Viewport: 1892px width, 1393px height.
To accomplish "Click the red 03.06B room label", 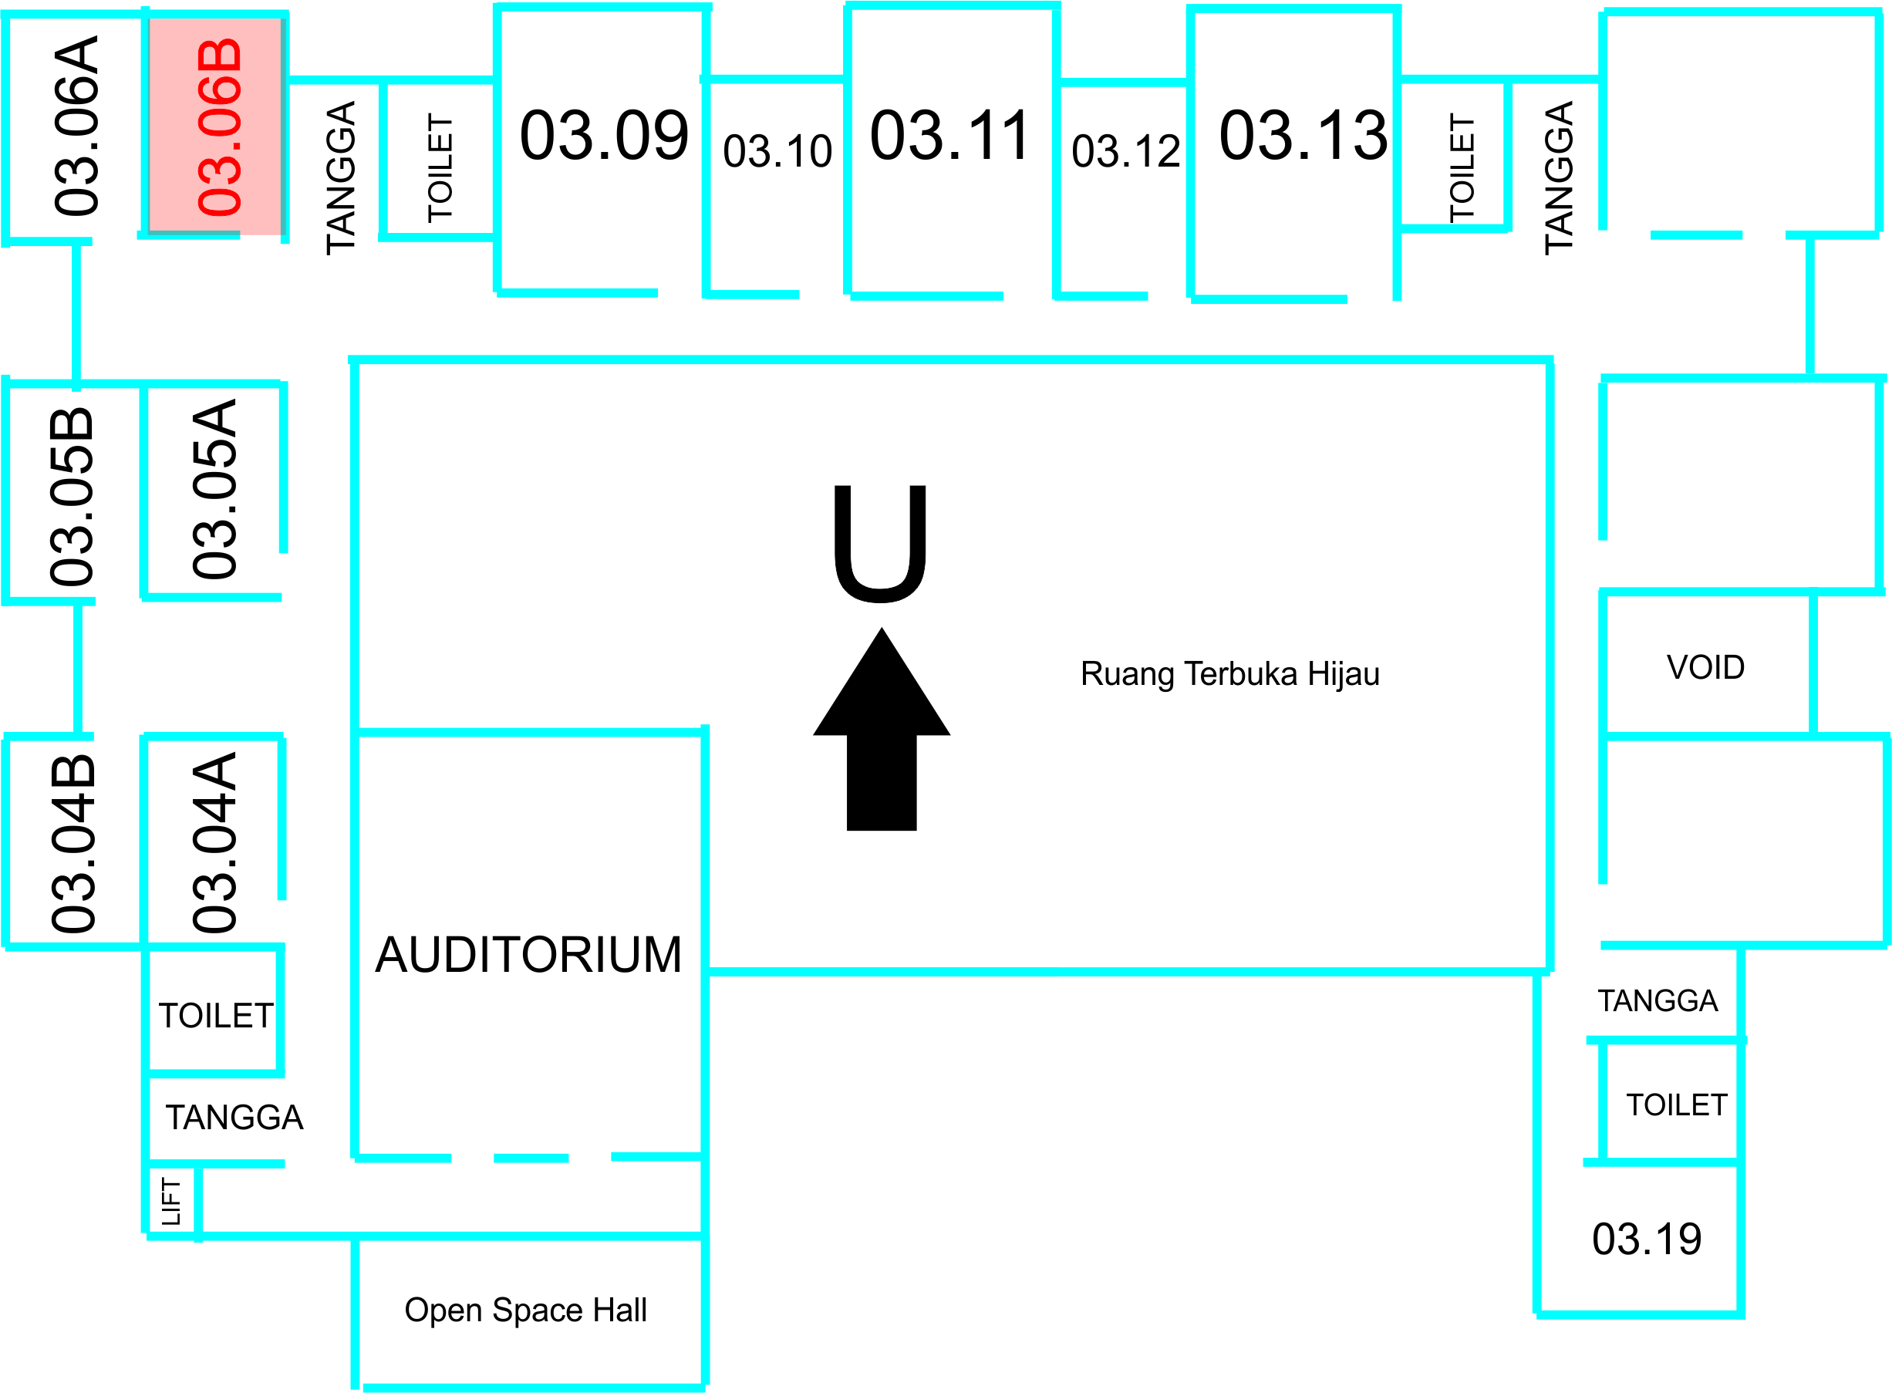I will click(219, 126).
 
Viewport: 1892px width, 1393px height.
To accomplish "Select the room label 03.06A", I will click(76, 126).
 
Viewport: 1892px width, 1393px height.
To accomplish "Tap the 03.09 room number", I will click(604, 136).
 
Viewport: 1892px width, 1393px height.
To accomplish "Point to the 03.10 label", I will click(777, 152).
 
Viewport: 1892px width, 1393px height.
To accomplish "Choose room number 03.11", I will click(949, 136).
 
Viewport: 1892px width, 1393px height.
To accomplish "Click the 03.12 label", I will click(1125, 152).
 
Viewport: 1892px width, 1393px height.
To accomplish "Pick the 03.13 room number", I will click(1303, 136).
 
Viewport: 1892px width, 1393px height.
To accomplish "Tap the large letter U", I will click(879, 543).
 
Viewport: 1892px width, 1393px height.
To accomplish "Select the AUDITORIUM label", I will click(528, 956).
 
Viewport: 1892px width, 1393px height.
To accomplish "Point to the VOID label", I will click(1705, 668).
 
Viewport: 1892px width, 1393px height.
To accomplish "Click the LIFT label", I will click(172, 1202).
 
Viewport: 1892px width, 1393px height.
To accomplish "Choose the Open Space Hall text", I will click(525, 1310).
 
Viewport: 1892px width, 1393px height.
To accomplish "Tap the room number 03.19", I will click(1646, 1240).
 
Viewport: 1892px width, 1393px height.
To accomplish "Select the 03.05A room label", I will click(215, 489).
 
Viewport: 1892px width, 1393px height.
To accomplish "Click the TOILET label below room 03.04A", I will click(216, 1016).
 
